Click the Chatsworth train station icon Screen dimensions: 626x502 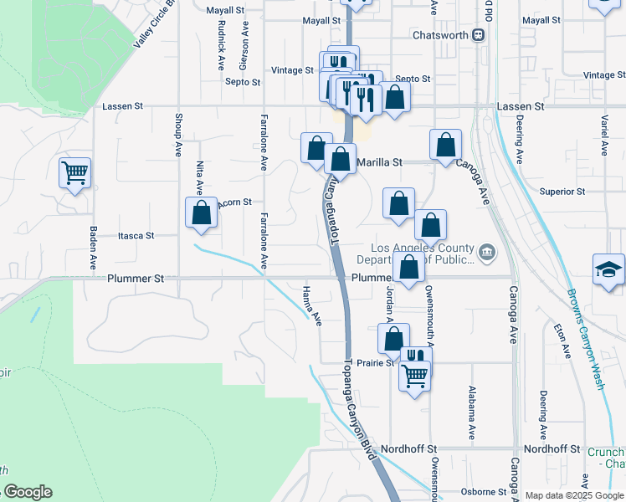(478, 35)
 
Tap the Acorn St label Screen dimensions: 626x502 (234, 202)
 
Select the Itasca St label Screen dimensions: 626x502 (136, 236)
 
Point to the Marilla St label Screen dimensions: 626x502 (380, 161)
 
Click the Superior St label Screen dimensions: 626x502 (562, 192)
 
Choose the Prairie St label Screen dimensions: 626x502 (376, 363)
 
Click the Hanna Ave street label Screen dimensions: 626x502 (312, 305)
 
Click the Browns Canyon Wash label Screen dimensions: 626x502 (585, 339)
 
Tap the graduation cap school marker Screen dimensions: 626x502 (608, 269)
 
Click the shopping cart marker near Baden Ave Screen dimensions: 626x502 (74, 173)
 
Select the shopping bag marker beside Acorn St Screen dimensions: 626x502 (202, 213)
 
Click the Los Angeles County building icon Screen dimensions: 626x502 (485, 252)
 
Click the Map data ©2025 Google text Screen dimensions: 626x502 (574, 495)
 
